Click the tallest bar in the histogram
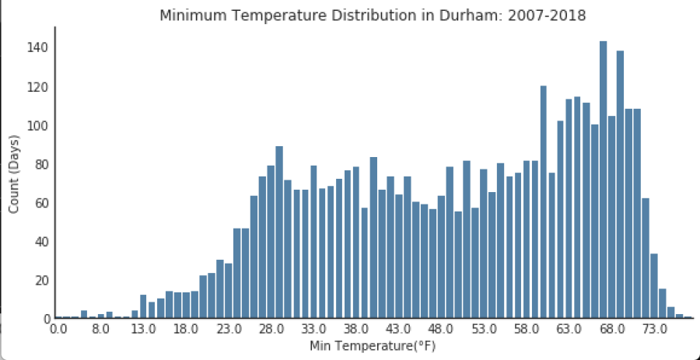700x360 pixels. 603,179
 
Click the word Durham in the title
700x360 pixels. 390,16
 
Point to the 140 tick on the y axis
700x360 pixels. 39,47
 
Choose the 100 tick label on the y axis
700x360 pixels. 39,125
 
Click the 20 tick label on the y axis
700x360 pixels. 42,280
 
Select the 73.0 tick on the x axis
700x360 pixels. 654,330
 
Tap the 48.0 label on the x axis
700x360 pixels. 441,330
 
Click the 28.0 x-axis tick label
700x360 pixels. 271,330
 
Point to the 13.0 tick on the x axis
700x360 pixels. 143,330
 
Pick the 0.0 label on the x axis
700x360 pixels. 58,330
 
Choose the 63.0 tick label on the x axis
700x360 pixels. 569,330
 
